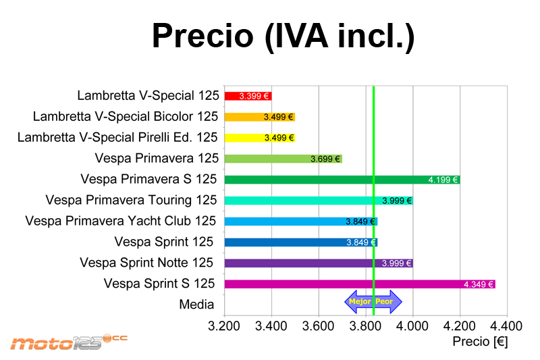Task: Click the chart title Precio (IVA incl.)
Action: tap(283, 36)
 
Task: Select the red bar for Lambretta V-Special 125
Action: tap(248, 96)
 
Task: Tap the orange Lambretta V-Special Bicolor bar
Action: tap(260, 117)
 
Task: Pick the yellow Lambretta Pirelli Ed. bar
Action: tap(260, 138)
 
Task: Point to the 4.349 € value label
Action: tap(479, 284)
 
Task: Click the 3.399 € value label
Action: tap(254, 96)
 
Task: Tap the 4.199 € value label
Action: tap(443, 180)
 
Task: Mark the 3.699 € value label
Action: tap(325, 159)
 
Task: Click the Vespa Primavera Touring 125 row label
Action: tap(132, 200)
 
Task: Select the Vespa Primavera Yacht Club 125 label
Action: tap(121, 221)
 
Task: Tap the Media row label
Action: tap(196, 305)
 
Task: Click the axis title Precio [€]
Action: tap(480, 342)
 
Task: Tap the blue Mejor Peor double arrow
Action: tap(373, 301)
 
